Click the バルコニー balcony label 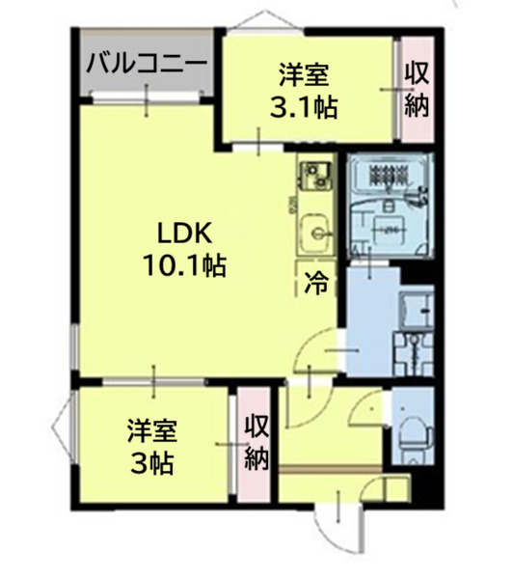click(x=147, y=66)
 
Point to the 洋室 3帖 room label click(x=151, y=447)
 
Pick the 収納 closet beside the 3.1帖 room click(x=417, y=88)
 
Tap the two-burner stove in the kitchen click(x=314, y=176)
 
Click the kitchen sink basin click(x=315, y=232)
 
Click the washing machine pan click(x=415, y=314)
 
